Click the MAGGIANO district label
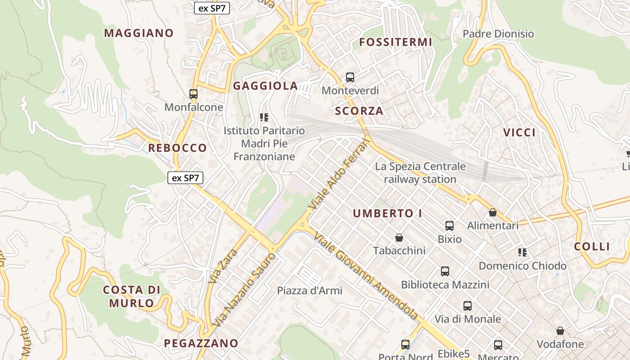(139, 33)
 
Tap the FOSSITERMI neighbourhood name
(396, 42)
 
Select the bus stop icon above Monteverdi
(350, 77)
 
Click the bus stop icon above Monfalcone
(193, 94)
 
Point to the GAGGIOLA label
(265, 86)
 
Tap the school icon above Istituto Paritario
(264, 118)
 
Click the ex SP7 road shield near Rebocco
(185, 178)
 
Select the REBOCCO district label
(177, 148)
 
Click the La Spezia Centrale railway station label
(420, 173)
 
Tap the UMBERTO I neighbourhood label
(387, 214)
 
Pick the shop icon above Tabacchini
(399, 238)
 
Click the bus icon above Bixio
(450, 226)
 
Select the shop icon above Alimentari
(493, 212)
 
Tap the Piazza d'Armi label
(310, 291)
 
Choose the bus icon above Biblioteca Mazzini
(445, 271)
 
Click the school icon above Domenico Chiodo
(522, 252)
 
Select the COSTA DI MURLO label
(132, 296)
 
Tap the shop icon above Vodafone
(560, 331)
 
